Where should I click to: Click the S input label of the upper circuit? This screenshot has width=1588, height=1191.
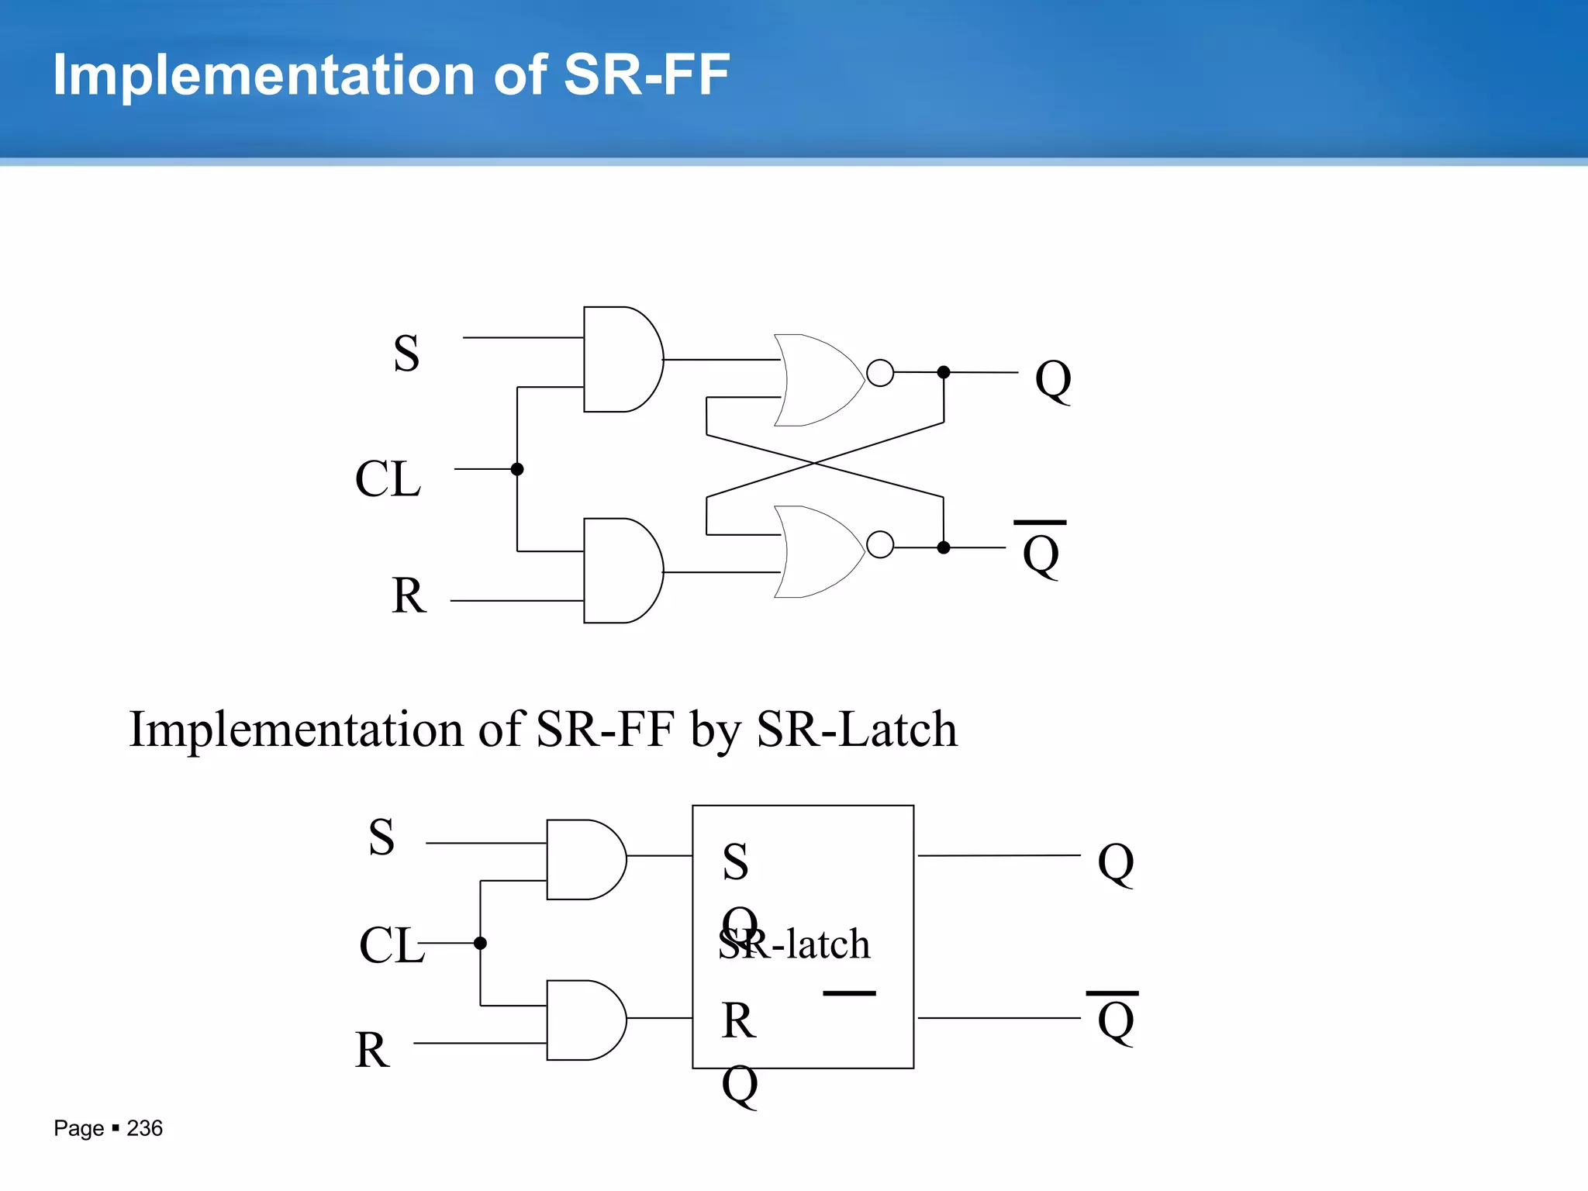point(406,354)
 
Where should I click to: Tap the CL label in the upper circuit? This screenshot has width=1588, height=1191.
point(388,478)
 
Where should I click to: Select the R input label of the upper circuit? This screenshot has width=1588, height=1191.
point(409,595)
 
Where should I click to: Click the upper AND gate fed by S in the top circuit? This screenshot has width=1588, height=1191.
point(620,359)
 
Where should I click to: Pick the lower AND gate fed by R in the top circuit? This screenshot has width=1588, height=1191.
point(620,571)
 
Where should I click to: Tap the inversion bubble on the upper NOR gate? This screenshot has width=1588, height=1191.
point(880,373)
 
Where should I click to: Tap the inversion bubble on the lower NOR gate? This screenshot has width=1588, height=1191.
point(880,544)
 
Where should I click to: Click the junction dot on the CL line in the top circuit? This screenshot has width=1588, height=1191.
point(517,469)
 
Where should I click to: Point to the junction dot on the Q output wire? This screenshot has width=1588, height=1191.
point(944,372)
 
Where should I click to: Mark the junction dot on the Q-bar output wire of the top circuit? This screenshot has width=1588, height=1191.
point(944,547)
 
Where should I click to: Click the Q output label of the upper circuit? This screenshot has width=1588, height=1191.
point(1053,380)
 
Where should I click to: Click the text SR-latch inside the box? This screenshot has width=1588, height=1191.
point(794,944)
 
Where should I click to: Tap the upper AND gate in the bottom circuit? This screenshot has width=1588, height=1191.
point(585,859)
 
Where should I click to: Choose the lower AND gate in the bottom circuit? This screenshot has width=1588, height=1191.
point(585,1020)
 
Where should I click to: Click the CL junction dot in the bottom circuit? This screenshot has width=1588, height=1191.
point(480,943)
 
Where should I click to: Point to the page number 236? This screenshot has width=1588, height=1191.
point(144,1128)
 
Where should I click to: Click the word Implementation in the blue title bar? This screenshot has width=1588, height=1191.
point(264,75)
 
